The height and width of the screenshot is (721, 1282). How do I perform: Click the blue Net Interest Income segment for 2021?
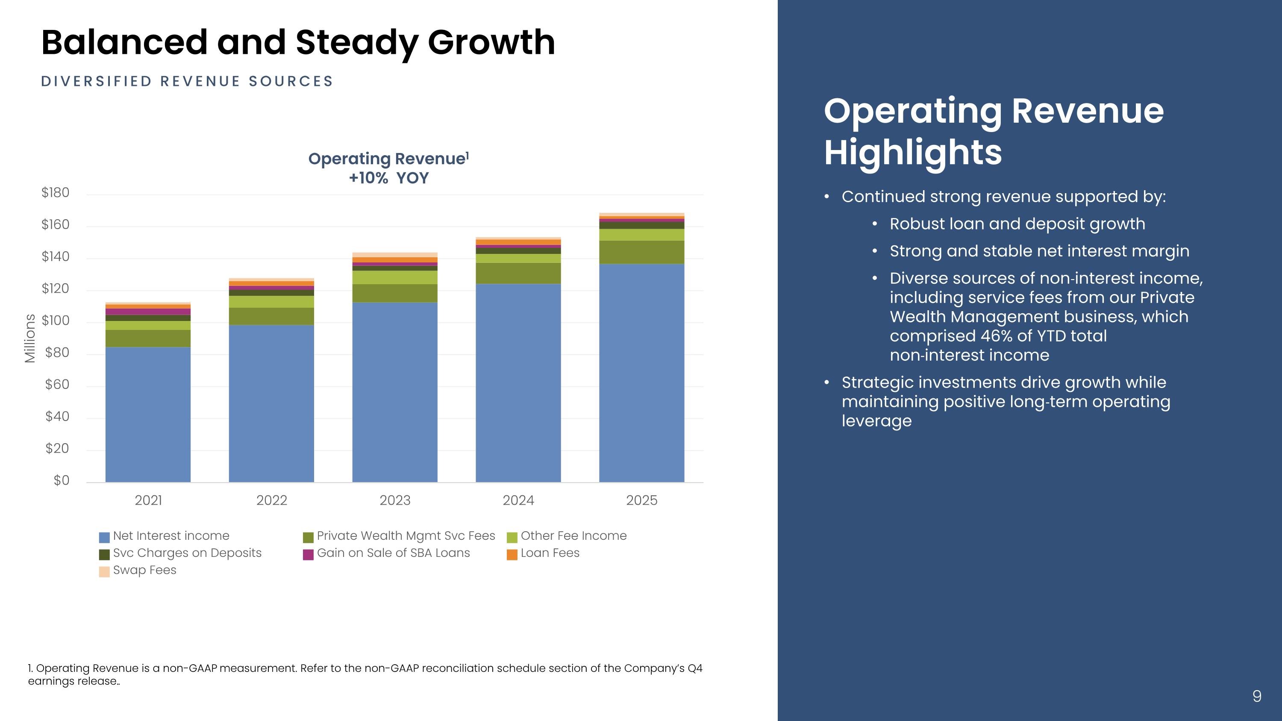[x=148, y=414]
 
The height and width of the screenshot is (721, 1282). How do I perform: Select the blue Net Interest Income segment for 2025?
[x=641, y=373]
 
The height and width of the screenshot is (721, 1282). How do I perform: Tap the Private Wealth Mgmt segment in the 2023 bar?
[x=395, y=293]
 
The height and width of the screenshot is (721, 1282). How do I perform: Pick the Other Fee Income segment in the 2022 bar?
[x=271, y=302]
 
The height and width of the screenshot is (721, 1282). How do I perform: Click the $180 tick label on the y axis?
[x=55, y=193]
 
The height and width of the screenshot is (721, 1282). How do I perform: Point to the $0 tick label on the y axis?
[x=61, y=480]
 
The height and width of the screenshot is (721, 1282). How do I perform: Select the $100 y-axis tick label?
[x=55, y=321]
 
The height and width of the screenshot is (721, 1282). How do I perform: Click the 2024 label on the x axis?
[x=518, y=500]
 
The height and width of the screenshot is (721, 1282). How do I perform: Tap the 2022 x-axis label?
[x=271, y=500]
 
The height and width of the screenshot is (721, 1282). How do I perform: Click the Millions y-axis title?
[x=30, y=338]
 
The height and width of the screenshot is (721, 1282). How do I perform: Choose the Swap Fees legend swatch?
[x=104, y=572]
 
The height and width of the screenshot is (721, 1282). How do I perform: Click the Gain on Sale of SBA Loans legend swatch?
[x=308, y=554]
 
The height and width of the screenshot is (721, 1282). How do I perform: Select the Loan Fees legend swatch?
[x=512, y=554]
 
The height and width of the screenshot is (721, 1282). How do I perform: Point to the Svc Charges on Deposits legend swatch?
[x=104, y=554]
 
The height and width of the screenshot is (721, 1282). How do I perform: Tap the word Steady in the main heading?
[x=356, y=42]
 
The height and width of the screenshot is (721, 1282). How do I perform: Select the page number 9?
[x=1257, y=696]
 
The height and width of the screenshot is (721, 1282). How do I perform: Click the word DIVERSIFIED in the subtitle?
[x=96, y=82]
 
